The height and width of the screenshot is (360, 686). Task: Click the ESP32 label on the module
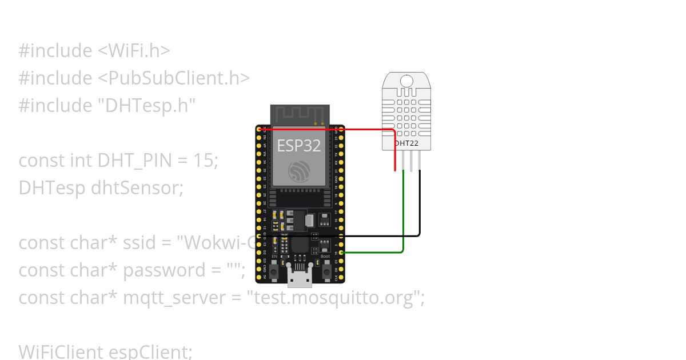(x=298, y=145)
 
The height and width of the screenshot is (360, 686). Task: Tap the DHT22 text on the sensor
(x=406, y=143)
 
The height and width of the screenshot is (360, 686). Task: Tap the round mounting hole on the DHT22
(x=406, y=81)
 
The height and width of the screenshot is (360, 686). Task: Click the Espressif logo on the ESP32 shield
(x=300, y=170)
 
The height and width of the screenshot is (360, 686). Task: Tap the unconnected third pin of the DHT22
(x=412, y=162)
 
